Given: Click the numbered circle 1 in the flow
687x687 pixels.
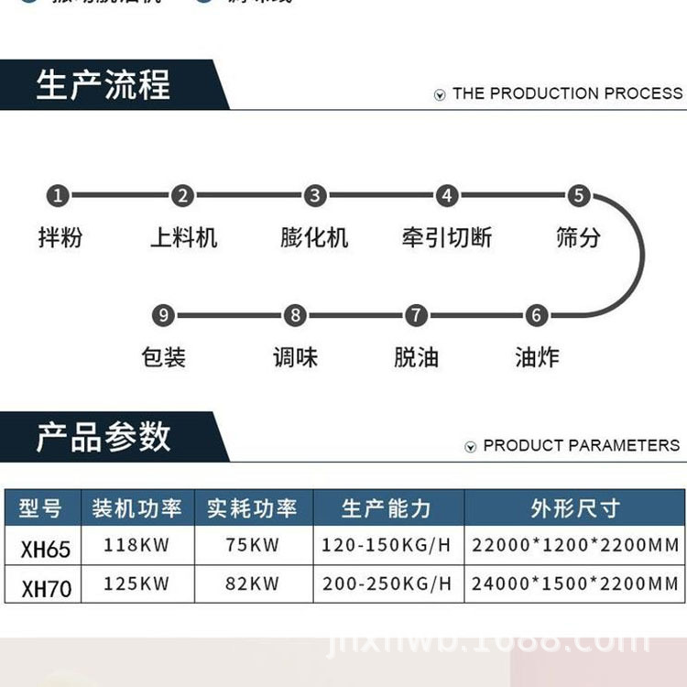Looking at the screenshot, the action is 58,195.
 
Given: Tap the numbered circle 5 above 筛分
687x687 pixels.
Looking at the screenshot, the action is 578,195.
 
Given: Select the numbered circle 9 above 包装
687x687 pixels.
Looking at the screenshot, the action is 163,316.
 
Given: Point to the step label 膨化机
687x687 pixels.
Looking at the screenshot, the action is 315,238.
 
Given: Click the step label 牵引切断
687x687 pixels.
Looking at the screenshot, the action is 446,238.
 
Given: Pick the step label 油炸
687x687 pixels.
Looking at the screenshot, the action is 537,357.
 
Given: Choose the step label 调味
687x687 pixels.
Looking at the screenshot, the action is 295,357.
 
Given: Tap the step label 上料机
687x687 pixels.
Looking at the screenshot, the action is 183,238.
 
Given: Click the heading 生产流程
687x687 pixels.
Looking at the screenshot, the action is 104,85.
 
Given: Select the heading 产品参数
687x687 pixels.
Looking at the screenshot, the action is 104,437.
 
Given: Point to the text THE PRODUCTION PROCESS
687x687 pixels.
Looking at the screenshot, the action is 567,93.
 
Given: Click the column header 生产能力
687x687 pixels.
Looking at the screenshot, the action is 387,508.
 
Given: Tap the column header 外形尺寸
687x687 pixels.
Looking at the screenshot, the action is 575,508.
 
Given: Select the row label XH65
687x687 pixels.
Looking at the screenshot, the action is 45,548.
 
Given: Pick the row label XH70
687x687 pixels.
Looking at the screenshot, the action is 45,586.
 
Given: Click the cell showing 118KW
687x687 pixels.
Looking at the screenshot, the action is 136,546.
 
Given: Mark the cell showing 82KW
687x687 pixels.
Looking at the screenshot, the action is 252,583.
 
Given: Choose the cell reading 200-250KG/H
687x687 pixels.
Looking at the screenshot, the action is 387,583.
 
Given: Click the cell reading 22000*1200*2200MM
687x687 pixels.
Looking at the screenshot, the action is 575,546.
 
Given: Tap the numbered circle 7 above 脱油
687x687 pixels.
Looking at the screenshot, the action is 416,316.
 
